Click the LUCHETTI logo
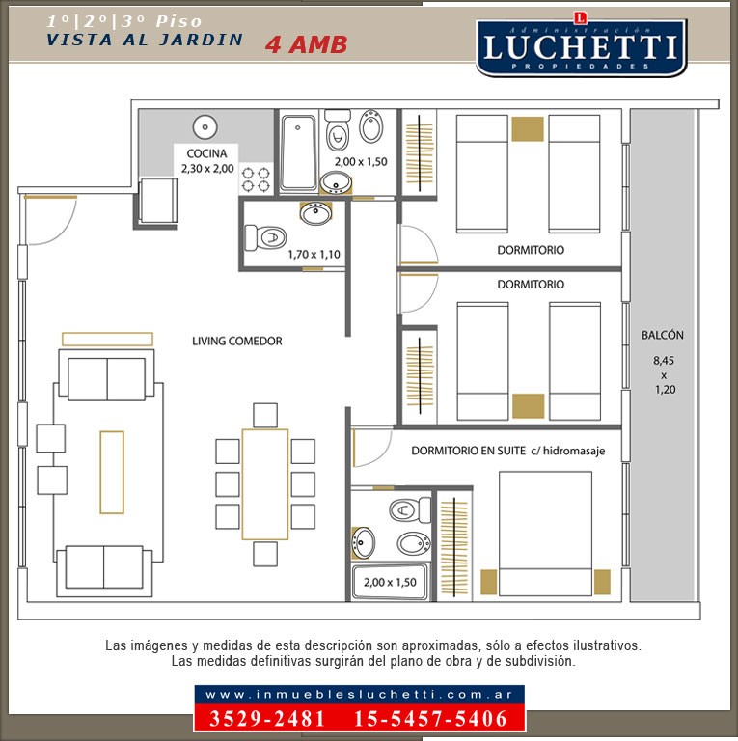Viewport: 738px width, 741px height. [x=580, y=46]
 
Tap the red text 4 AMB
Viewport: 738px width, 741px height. [x=306, y=44]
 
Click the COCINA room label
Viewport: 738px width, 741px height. [x=207, y=153]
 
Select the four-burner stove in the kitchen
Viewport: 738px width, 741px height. [x=256, y=178]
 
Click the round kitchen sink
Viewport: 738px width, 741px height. [x=205, y=127]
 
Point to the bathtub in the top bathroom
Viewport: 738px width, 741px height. [x=298, y=151]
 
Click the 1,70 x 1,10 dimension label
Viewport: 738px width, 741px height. [x=314, y=255]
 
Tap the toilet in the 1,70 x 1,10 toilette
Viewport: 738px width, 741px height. [x=266, y=235]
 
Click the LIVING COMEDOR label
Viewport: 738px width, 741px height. [x=236, y=341]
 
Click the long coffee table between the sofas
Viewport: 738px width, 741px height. [x=112, y=472]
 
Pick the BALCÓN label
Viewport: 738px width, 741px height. [x=662, y=336]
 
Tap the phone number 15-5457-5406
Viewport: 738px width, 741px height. [x=430, y=719]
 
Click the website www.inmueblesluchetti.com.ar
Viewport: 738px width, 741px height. [x=359, y=695]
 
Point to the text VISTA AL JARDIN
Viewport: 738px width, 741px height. [x=145, y=40]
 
